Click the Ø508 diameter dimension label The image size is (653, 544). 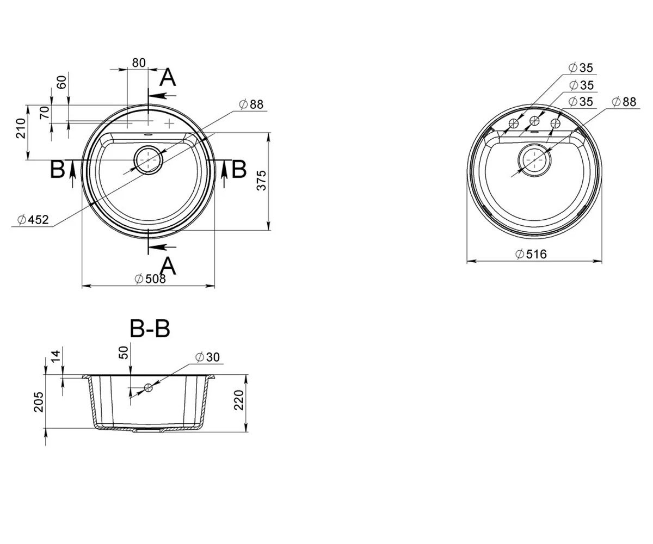coord(150,279)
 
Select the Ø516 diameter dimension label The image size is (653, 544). coord(531,254)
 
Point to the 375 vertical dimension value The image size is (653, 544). coord(261,181)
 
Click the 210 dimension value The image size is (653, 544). coord(21,128)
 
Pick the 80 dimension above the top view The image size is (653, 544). coord(139,63)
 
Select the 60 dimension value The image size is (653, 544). coord(61,82)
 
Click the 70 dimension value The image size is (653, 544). coord(45,113)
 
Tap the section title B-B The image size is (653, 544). coord(150,329)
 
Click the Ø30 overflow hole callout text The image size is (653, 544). coord(208,357)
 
